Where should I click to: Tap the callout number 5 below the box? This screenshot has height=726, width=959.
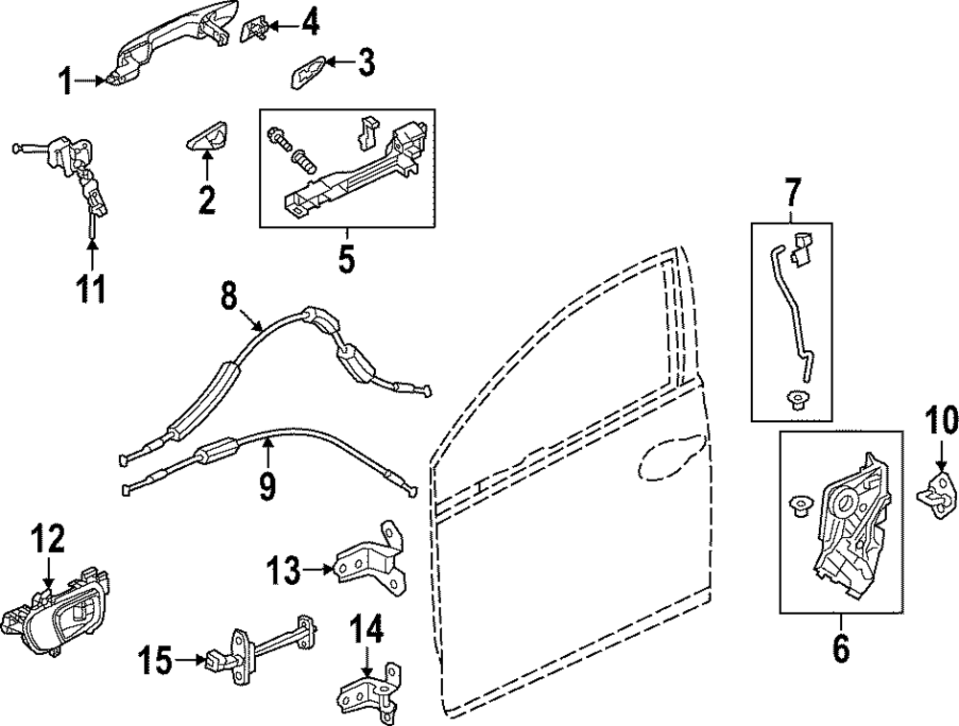pos(346,257)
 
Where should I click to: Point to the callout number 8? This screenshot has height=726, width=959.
pos(227,294)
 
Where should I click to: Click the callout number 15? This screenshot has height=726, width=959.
pos(157,660)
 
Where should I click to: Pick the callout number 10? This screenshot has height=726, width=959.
pos(941,421)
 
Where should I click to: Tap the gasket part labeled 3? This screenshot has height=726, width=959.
pos(307,71)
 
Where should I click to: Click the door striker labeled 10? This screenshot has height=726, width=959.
pos(937,495)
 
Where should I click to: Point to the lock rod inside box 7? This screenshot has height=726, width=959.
pos(788,316)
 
